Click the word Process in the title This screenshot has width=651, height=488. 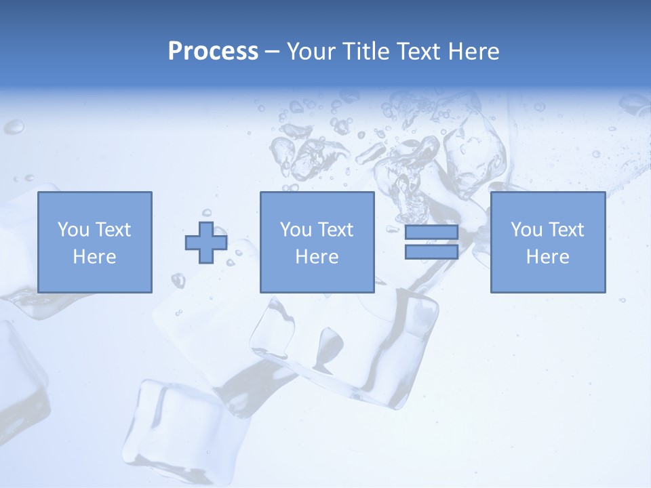click(x=213, y=51)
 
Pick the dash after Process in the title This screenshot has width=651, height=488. click(x=273, y=52)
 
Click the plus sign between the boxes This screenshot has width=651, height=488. click(x=206, y=242)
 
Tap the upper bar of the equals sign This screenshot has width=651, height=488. click(x=431, y=232)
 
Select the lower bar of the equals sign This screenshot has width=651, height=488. click(x=431, y=251)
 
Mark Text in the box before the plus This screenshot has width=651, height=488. click(x=113, y=229)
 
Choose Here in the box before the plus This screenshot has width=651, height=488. click(x=94, y=256)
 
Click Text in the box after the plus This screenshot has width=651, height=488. click(x=335, y=229)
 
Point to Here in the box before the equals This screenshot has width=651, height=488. click(x=317, y=256)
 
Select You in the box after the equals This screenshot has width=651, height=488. click(x=527, y=229)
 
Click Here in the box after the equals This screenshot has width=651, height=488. click(x=547, y=256)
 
